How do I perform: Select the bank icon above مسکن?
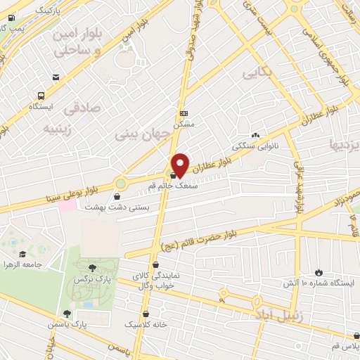(184, 113)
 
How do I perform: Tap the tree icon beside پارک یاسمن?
(67, 314)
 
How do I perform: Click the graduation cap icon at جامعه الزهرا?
(23, 254)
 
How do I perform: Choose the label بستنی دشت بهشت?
(114, 208)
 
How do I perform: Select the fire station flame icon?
(319, 272)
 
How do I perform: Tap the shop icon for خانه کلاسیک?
(146, 314)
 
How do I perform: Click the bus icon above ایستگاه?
(41, 96)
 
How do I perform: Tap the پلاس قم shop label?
(346, 347)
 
